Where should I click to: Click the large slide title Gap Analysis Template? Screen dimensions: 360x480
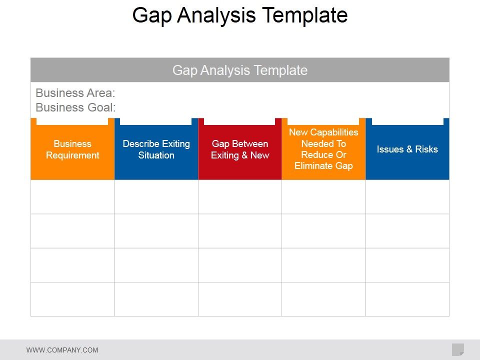(240, 15)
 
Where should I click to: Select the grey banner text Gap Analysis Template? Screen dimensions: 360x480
(240, 70)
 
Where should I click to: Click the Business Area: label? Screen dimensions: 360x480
(75, 93)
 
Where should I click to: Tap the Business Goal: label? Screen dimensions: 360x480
(75, 107)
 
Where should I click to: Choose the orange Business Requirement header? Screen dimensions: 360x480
(72, 149)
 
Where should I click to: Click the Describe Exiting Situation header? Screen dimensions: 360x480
(156, 149)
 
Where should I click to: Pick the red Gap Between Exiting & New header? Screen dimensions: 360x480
(240, 149)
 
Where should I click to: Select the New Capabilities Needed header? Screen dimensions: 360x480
(323, 149)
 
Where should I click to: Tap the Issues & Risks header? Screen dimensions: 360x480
(407, 149)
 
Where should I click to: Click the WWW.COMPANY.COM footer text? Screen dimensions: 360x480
(62, 350)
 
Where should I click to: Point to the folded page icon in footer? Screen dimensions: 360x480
(457, 349)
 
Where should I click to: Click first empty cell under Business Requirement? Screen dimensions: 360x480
(72, 197)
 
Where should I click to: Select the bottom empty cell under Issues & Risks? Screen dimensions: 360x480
(407, 299)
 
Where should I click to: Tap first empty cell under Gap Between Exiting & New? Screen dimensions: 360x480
(240, 197)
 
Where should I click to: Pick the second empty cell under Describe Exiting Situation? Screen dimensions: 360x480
(156, 231)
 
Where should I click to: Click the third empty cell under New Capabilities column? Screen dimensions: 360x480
(323, 265)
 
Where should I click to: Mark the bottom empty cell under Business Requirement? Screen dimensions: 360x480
(72, 299)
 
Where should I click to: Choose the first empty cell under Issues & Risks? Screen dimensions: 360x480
(407, 197)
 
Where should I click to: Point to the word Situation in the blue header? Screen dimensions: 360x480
(156, 155)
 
